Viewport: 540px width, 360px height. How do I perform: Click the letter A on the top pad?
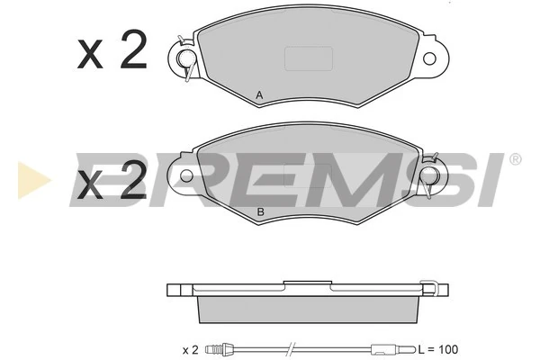259,94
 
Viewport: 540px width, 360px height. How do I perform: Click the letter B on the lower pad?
261,211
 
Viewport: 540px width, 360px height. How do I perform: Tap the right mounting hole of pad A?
429,58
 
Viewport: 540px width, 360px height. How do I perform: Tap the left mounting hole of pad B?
186,175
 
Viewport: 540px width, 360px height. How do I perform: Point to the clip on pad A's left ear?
186,58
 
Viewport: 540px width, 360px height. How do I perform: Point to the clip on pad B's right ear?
430,175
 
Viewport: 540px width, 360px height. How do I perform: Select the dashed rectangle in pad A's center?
309,58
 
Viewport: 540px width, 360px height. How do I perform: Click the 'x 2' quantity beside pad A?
112,50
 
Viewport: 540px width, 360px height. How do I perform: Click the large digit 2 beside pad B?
133,180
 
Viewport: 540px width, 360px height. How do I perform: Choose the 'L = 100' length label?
438,349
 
